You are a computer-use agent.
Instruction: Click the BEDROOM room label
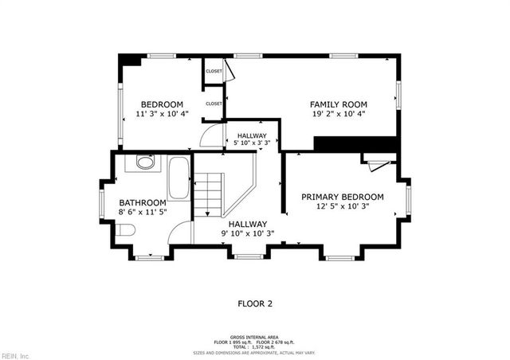(x=163, y=104)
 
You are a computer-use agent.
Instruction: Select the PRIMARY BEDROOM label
(x=342, y=197)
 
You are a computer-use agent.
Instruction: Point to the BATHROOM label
(x=143, y=203)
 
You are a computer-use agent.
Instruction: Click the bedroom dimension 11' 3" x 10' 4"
(x=163, y=115)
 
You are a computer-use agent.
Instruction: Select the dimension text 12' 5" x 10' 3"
(x=342, y=206)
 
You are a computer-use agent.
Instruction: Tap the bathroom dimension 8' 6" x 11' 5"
(x=143, y=213)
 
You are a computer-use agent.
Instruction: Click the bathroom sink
(x=145, y=162)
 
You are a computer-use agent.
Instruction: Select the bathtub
(x=178, y=178)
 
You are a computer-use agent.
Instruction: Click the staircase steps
(x=210, y=195)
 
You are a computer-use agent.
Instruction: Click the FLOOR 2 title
(x=255, y=303)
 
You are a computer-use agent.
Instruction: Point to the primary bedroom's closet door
(x=378, y=163)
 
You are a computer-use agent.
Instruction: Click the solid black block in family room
(x=355, y=143)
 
